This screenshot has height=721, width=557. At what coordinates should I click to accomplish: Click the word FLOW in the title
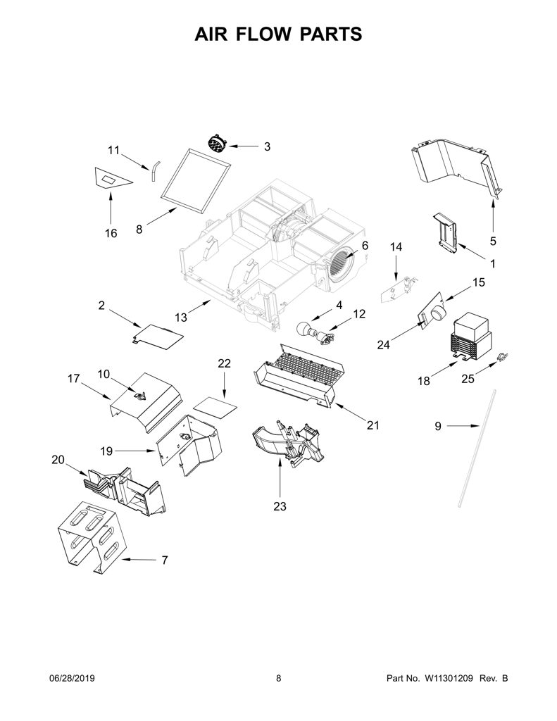click(263, 34)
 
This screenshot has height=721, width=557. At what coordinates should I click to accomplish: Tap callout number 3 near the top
click(267, 146)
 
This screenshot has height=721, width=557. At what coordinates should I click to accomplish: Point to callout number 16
click(111, 233)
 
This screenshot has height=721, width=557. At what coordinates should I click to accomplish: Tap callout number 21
click(373, 425)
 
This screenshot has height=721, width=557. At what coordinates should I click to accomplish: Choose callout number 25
click(468, 379)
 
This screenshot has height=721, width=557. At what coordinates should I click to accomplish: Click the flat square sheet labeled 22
click(215, 408)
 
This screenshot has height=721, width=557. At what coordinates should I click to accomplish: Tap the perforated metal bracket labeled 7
click(92, 536)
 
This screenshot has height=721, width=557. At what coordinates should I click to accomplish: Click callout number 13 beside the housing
click(181, 318)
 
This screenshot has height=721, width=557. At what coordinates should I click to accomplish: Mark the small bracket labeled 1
click(446, 232)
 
